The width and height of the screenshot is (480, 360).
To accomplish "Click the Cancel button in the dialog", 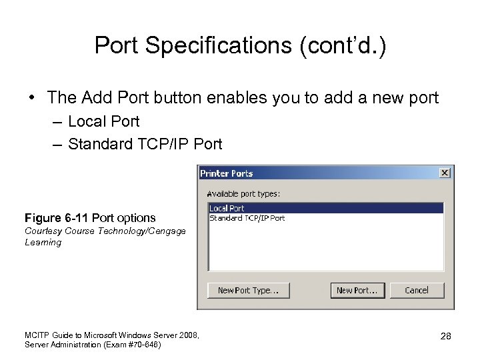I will [x=417, y=290].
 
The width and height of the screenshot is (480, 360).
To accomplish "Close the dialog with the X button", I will [x=445, y=173].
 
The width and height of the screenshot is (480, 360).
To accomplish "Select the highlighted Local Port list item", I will [x=227, y=209].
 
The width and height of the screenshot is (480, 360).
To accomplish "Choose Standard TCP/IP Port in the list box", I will [x=247, y=218].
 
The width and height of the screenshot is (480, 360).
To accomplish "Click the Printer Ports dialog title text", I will [x=227, y=173].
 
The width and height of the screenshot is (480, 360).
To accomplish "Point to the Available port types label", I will [x=243, y=194].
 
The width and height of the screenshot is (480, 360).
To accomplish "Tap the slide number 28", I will [x=445, y=336].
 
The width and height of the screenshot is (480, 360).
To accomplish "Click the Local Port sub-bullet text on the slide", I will [x=103, y=121].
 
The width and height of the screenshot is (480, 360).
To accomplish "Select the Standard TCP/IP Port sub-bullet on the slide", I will [x=145, y=144].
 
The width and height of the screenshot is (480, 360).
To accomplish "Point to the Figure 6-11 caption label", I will [x=90, y=218].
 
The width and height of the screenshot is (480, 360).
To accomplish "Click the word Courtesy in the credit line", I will [x=43, y=231].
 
